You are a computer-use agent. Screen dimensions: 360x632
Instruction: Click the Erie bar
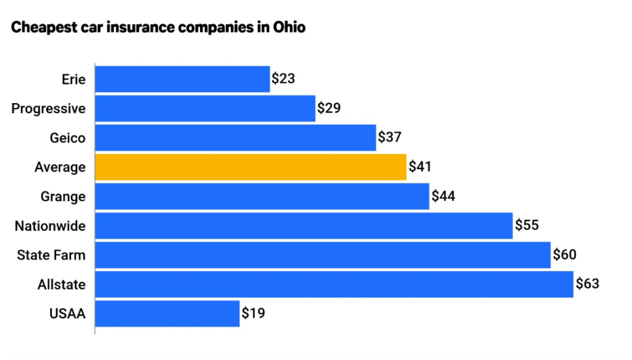[x=182, y=79]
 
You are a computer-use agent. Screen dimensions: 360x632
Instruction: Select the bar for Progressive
[x=205, y=108]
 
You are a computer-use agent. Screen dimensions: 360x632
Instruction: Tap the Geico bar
[x=235, y=137]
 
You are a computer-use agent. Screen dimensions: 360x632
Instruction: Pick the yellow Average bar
[x=251, y=167]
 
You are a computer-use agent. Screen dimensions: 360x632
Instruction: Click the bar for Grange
[x=262, y=196]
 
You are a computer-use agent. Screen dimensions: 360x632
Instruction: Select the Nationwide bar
[x=304, y=225]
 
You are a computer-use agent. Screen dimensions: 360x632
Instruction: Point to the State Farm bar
[x=322, y=255]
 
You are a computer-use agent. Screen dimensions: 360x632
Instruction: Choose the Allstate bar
[x=334, y=284]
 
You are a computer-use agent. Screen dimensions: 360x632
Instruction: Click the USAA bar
[x=167, y=314]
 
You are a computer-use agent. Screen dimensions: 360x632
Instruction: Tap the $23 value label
[x=283, y=79]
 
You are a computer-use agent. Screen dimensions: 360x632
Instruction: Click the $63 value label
[x=588, y=284]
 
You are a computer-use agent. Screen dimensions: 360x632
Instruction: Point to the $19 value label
[x=253, y=314]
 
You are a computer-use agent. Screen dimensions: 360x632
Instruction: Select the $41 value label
[x=420, y=167]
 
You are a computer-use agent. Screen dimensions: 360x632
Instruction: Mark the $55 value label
[x=527, y=225]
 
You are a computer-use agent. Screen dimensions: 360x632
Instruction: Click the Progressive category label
[x=49, y=109]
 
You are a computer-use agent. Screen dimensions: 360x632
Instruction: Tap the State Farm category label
[x=51, y=255]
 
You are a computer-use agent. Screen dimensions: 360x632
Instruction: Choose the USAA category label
[x=67, y=314]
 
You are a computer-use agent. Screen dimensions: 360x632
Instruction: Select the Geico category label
[x=68, y=138]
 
